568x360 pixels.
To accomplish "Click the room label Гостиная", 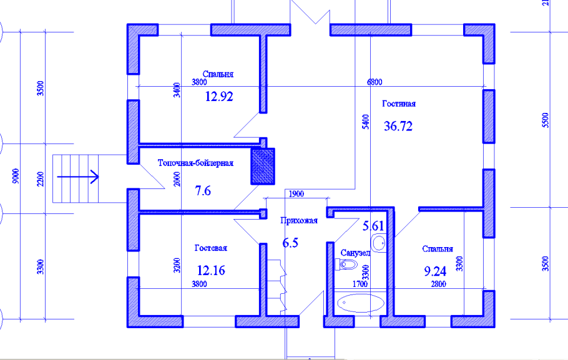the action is pos(399,104).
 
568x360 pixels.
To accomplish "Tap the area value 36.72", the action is pos(398,126).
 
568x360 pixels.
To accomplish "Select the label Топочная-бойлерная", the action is pos(195,163).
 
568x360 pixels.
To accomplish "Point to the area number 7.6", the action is pos(203,190).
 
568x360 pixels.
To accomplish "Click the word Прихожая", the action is pos(299,221).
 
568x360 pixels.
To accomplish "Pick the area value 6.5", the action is pos(290,243).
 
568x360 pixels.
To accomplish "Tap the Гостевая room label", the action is pos(211,248).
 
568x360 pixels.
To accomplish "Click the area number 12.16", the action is pos(211,270).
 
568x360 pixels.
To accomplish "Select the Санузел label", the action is pos(355,253).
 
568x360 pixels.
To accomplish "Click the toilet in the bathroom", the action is pos(346,265).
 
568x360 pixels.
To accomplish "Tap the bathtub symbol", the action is pos(360,303).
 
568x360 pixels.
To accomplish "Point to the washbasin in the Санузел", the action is pos(379,243).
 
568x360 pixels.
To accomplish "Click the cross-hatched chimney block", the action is pos(263,166).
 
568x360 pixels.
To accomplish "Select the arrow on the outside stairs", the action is pos(78,177).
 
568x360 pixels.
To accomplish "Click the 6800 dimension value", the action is pos(375,82).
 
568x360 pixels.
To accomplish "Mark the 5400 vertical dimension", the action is pos(366,122).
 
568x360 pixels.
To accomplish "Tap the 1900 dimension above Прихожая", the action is pos(296,194).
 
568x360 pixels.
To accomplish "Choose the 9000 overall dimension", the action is pos(16,176).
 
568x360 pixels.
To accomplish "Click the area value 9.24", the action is pos(435,271).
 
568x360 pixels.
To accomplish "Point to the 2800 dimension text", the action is pos(438,284).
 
